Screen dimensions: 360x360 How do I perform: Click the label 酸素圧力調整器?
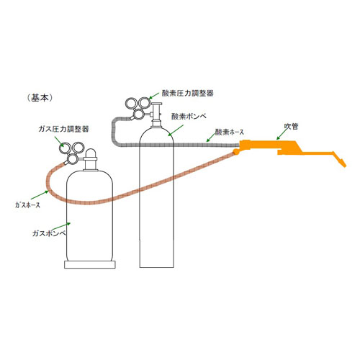click(x=188, y=93)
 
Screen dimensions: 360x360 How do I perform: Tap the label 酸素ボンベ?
click(x=189, y=117)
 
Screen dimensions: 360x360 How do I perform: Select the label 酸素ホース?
click(x=229, y=132)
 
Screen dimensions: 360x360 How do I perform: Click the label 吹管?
click(x=291, y=126)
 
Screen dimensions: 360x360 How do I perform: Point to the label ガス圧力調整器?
click(x=63, y=129)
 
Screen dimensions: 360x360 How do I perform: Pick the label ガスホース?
click(x=27, y=205)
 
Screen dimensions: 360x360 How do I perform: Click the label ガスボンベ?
click(x=49, y=233)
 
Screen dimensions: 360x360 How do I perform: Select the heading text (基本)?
click(x=40, y=98)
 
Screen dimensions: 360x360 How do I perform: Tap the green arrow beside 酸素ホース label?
click(x=211, y=138)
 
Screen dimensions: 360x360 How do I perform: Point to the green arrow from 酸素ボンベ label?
click(x=176, y=130)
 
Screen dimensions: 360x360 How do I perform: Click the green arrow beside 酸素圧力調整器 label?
click(x=154, y=96)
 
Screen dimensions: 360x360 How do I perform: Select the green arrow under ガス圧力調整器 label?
click(x=59, y=141)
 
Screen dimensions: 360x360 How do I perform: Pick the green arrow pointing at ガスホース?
click(x=40, y=195)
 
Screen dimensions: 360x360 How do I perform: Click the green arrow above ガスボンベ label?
click(x=61, y=226)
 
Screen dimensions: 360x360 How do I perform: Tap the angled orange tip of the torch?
click(x=339, y=159)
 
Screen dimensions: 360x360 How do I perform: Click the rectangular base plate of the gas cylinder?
click(x=90, y=264)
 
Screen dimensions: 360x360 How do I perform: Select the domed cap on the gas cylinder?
click(x=91, y=153)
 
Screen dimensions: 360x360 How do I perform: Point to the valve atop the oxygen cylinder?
click(x=156, y=114)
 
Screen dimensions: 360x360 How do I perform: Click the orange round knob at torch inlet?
click(x=236, y=151)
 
